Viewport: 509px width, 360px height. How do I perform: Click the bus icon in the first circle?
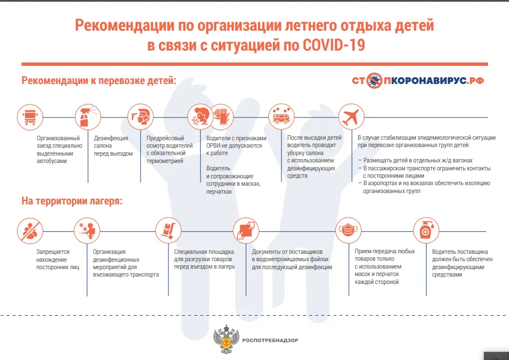click(x=29, y=118)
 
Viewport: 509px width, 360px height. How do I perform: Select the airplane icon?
click(x=350, y=118)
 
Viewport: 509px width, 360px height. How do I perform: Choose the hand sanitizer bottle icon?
click(x=425, y=231)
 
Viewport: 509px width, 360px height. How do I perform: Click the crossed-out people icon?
click(x=29, y=231)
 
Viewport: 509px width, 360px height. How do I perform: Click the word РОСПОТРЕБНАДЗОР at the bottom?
click(x=270, y=340)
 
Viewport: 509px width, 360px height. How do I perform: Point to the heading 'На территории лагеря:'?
click(x=72, y=201)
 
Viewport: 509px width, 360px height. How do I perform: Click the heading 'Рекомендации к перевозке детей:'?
click(x=99, y=80)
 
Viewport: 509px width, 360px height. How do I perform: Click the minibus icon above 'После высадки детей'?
click(x=280, y=118)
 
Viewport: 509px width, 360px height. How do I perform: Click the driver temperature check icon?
click(x=140, y=118)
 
